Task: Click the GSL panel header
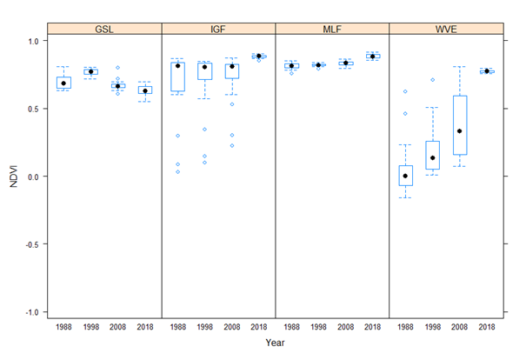point(104,29)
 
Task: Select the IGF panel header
point(218,29)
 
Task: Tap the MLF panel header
point(331,29)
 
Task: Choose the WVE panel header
point(445,29)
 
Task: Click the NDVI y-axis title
point(11,176)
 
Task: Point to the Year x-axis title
point(275,343)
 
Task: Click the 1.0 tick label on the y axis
point(32,41)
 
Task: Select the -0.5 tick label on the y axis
point(30,244)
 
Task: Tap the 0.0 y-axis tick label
point(32,177)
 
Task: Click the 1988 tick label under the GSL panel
point(63,327)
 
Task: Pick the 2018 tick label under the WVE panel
point(487,327)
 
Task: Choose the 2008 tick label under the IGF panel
point(231,327)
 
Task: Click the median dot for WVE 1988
point(405,176)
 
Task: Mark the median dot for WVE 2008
point(459,131)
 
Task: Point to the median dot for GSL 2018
point(145,90)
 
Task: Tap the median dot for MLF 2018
point(372,56)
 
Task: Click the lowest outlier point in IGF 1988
point(177,171)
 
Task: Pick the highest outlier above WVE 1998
point(432,80)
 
